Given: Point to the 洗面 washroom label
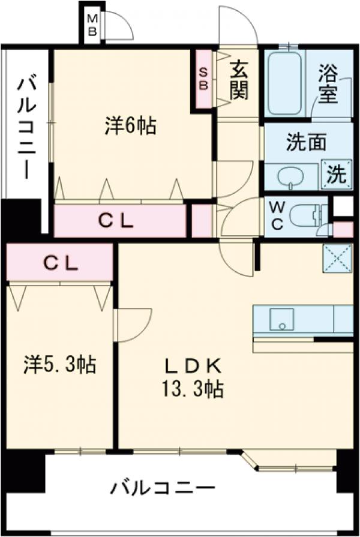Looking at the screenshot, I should coord(306,143).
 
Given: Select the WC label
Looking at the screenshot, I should coord(277,215).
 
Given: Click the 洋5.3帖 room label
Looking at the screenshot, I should coord(60,364).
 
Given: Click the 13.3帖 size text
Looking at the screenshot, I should coord(194,391).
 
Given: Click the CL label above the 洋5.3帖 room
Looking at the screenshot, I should coord(59,263).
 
